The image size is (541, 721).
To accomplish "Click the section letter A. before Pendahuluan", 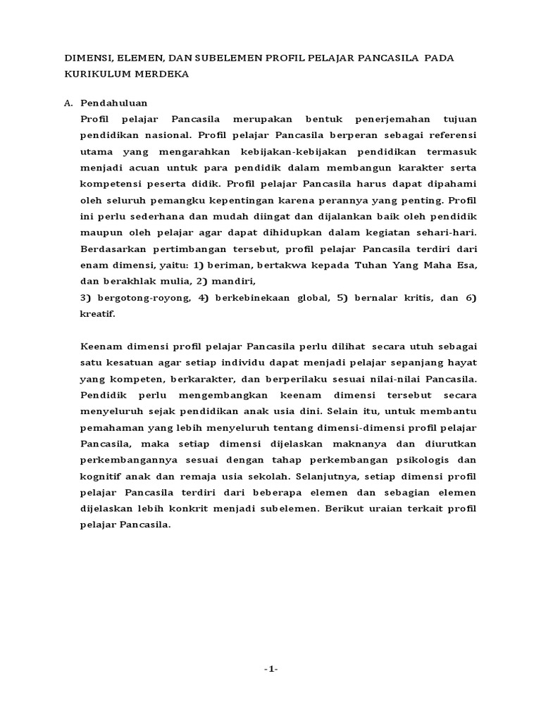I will point(68,103).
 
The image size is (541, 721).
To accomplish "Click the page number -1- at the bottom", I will point(270,670).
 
